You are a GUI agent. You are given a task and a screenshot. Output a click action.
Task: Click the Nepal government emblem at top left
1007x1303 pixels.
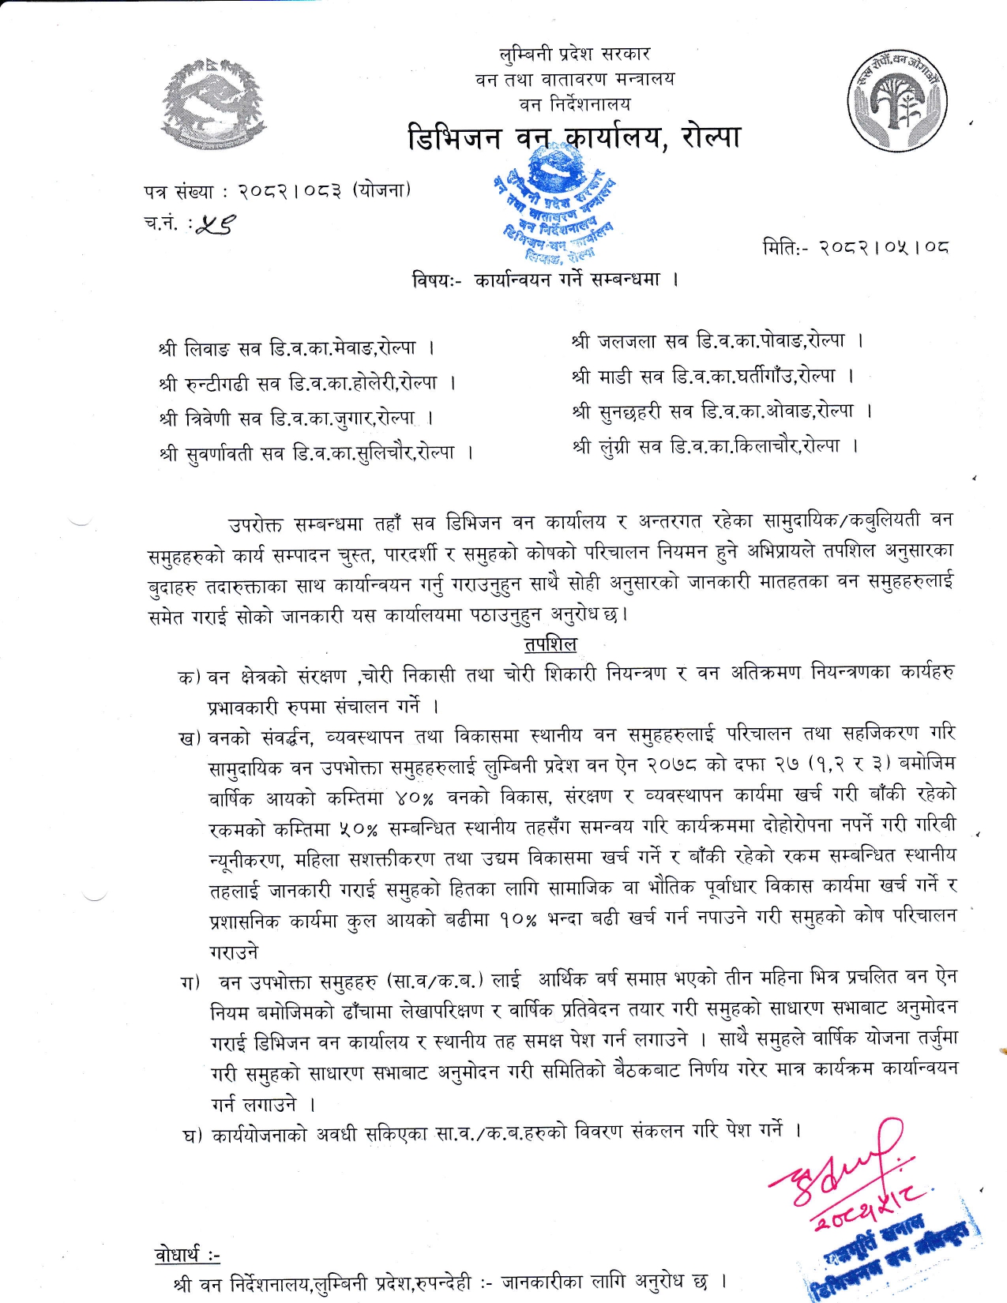coord(212,103)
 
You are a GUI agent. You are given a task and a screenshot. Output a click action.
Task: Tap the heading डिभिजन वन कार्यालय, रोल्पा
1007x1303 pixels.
coord(574,137)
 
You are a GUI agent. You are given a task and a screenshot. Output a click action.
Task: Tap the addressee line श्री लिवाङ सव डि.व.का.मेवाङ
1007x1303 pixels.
coord(295,347)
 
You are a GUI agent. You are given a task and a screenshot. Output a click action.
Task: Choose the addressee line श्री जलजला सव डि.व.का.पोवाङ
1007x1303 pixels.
coord(717,341)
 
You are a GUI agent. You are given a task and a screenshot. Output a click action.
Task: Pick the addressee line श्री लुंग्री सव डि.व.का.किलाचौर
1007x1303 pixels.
coord(715,446)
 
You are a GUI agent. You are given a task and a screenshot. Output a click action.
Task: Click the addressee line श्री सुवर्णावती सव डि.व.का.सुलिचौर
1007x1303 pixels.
coord(315,453)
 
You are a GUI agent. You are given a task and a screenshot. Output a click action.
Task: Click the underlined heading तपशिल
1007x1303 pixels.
coord(550,644)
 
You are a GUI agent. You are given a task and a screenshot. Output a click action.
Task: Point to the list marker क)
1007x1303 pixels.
coord(190,678)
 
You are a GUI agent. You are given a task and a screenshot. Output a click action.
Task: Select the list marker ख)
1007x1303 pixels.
coord(190,738)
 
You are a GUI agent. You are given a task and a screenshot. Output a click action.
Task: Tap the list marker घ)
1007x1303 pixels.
coord(193,1136)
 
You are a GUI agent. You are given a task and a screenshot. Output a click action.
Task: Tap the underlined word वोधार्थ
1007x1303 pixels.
coord(186,1255)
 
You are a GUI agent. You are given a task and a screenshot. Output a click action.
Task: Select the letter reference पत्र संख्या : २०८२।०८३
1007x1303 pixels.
coord(277,191)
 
